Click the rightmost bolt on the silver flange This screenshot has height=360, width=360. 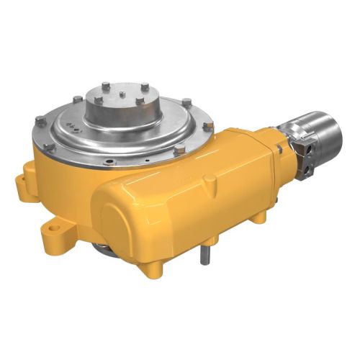tap(208, 126)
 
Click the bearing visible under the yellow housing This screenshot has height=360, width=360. tap(104, 248)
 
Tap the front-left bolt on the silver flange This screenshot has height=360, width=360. tap(50, 148)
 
